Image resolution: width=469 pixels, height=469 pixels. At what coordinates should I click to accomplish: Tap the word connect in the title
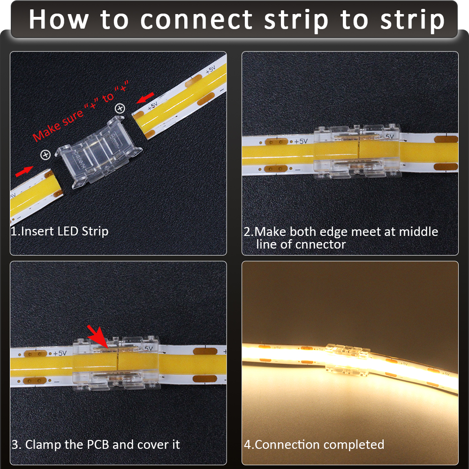pos(197,20)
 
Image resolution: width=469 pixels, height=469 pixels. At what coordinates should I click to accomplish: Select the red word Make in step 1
pos(45,133)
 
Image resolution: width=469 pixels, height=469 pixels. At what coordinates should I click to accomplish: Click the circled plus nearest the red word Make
pos(45,154)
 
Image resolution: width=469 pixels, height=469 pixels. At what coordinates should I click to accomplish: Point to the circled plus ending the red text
pos(120,108)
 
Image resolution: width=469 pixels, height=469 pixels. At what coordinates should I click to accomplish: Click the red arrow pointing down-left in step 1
pos(147,98)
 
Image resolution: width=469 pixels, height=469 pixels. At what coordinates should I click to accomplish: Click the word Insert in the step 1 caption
pos(38,231)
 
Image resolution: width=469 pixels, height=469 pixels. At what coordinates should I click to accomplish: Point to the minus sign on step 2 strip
pos(296,170)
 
